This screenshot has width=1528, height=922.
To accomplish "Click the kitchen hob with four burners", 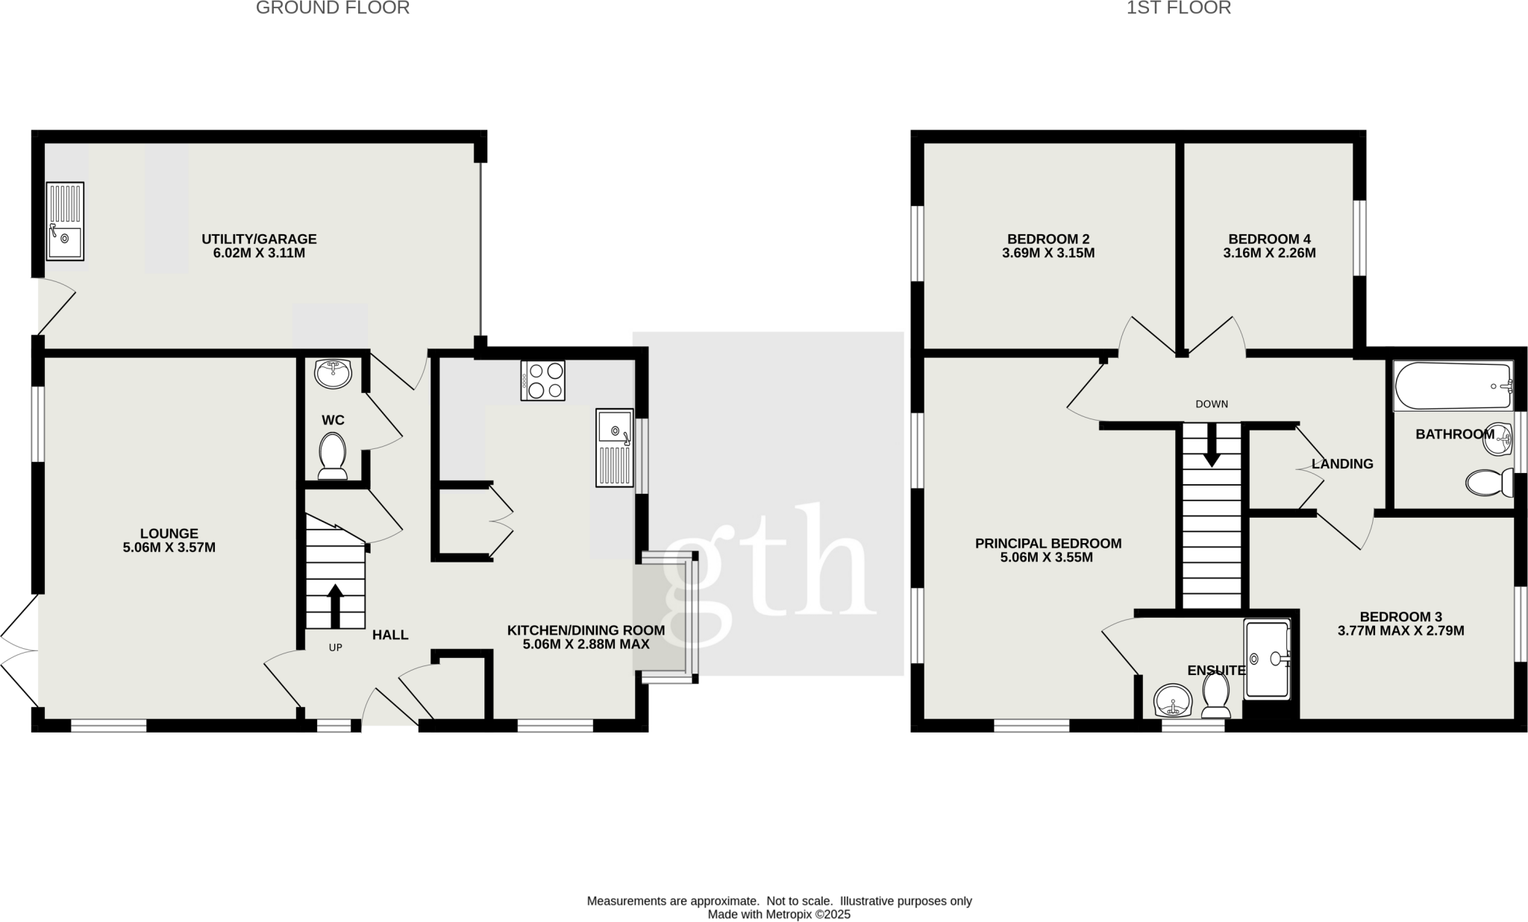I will pos(542,380).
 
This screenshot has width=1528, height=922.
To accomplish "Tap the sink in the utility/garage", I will pos(65,222).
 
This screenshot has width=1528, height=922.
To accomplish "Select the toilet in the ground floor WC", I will pos(332,456).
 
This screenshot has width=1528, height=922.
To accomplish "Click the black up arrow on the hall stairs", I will pos(335,605).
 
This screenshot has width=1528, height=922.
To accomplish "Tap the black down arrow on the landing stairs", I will pos(1212,445).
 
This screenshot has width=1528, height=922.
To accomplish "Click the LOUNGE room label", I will pos(169,533).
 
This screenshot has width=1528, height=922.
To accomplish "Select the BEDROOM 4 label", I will pos(1269,239).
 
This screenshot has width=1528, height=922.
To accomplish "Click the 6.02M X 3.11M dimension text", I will pos(259,253).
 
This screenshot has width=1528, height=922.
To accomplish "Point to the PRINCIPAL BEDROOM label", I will pos(1048,544).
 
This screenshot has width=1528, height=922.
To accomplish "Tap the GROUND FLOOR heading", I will pos(333,8).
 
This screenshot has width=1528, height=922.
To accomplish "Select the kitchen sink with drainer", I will pos(614,448).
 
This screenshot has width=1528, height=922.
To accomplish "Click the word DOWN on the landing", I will pos(1212,404).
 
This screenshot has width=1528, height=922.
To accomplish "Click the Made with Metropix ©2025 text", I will pos(779,915).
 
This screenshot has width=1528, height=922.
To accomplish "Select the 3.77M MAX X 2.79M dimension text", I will pos(1400,630).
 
